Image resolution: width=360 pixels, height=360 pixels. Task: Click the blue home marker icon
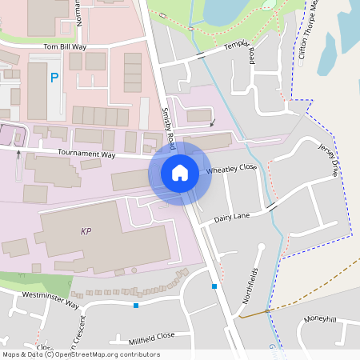coord(180,173)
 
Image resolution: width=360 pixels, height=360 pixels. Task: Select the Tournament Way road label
coord(86,154)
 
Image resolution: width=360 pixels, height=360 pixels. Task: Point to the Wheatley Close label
coord(232,169)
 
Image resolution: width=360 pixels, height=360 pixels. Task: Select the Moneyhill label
coord(319,319)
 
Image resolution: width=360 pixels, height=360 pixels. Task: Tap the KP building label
coord(86,232)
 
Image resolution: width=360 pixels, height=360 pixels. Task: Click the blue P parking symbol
coord(54,78)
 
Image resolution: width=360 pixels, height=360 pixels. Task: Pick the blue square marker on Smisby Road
coord(214,286)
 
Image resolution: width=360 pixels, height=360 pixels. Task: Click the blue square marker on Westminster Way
coord(136,305)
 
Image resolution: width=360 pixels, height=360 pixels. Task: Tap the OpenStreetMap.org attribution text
coord(106,354)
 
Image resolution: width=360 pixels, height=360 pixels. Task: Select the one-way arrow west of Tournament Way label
coord(18,155)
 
